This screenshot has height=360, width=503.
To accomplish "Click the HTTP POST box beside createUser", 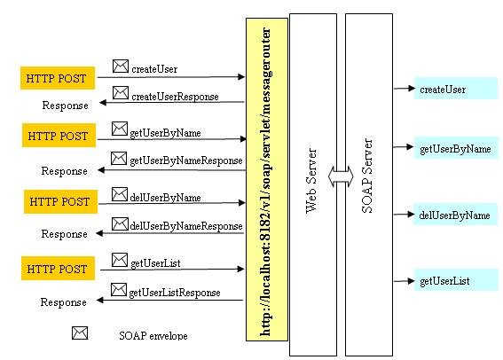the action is click(x=58, y=78).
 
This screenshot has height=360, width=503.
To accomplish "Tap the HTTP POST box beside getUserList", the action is click(x=58, y=269).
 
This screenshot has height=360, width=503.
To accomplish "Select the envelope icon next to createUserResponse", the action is click(x=121, y=93).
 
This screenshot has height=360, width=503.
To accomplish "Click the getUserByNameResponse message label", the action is click(x=186, y=160).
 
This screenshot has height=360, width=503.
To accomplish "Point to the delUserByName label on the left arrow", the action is click(x=165, y=198).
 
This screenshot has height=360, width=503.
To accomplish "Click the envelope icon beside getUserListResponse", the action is click(x=119, y=290).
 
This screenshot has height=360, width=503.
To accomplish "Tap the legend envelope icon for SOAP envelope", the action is click(x=80, y=333).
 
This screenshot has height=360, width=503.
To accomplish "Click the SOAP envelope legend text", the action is click(x=153, y=336).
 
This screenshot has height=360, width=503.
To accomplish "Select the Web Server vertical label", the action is click(x=311, y=181).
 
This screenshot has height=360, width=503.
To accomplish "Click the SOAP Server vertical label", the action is click(x=367, y=176).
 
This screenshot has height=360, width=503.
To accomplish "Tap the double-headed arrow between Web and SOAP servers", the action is click(x=341, y=176).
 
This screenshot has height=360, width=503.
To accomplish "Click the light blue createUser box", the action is click(x=456, y=88).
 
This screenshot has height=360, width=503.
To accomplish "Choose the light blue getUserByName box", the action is click(x=456, y=148).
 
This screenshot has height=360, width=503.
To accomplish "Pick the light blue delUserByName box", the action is click(x=455, y=214).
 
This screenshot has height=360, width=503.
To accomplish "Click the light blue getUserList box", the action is click(x=456, y=280).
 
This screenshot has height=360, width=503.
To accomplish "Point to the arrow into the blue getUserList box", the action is click(x=405, y=281).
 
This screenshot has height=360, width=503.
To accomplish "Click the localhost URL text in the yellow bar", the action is click(x=266, y=182).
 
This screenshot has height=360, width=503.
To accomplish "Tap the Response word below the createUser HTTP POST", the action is click(x=65, y=106).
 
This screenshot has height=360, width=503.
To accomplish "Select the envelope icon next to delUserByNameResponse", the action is click(x=120, y=223).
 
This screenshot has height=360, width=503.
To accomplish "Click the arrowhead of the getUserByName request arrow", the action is click(x=243, y=139).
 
